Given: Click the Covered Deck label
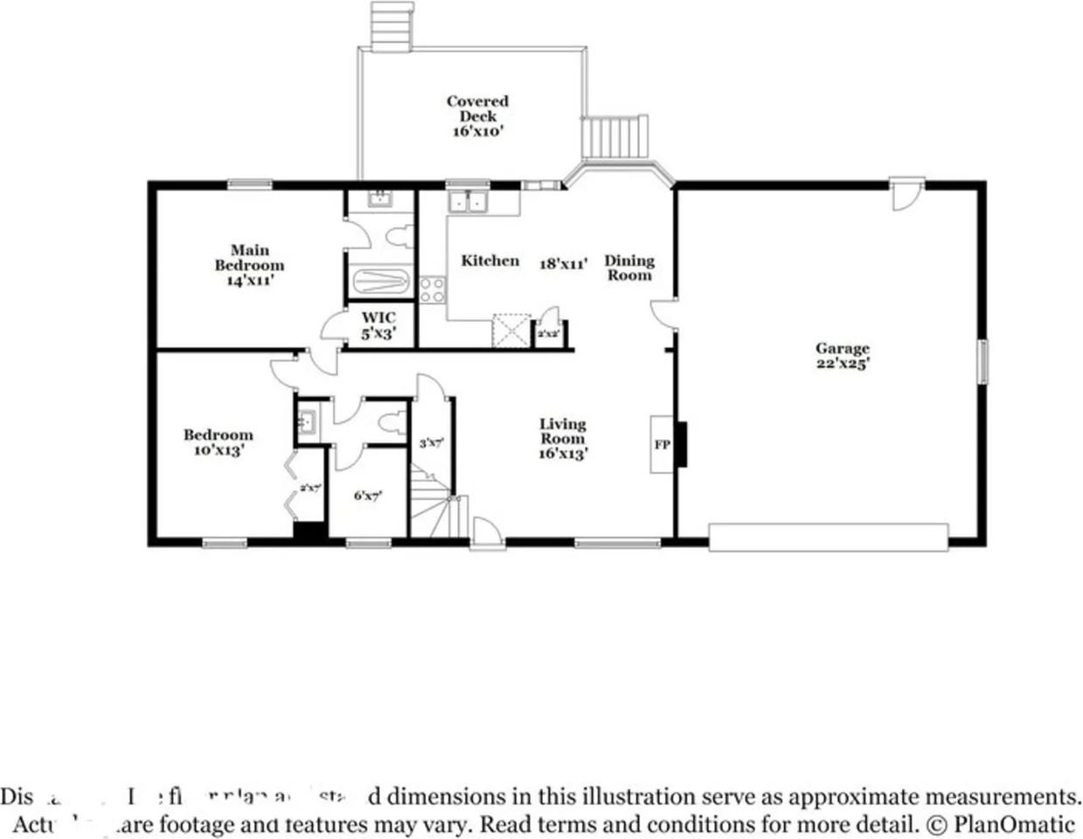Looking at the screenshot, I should [x=478, y=115].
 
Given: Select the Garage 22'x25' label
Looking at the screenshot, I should [x=843, y=356].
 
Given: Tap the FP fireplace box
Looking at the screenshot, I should [x=662, y=445].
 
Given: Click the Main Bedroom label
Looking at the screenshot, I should [x=250, y=265].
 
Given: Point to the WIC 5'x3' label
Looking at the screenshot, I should [x=378, y=324].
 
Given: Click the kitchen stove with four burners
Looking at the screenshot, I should [x=432, y=289].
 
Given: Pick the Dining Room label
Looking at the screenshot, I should [x=629, y=267].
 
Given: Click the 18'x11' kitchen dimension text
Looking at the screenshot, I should [x=563, y=263].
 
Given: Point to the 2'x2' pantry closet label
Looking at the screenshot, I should [x=548, y=334].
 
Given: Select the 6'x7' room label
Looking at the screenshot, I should [x=367, y=496].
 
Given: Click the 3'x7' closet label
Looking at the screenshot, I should [x=432, y=443].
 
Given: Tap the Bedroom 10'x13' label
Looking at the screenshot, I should [x=219, y=442].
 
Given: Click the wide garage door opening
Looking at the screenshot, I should [x=828, y=537].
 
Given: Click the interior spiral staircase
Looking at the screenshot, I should [x=433, y=507].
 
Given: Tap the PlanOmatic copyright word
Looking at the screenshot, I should [x=1014, y=823].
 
